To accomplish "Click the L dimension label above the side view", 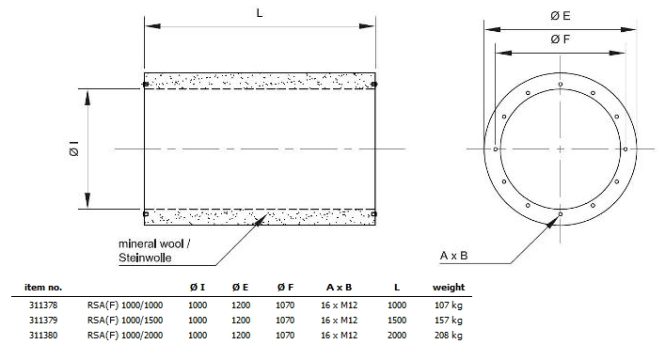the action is coord(259,13).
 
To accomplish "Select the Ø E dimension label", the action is coord(561,16).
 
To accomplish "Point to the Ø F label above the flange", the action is coord(561,39).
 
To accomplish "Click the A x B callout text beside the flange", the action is coord(453,256).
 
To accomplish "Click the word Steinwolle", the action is coord(145,258).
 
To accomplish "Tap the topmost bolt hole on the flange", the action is coord(561,84).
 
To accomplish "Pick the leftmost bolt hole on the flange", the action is coord(496,149).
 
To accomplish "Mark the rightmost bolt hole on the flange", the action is coord(625,149).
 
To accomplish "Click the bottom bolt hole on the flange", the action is coord(561,214).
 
